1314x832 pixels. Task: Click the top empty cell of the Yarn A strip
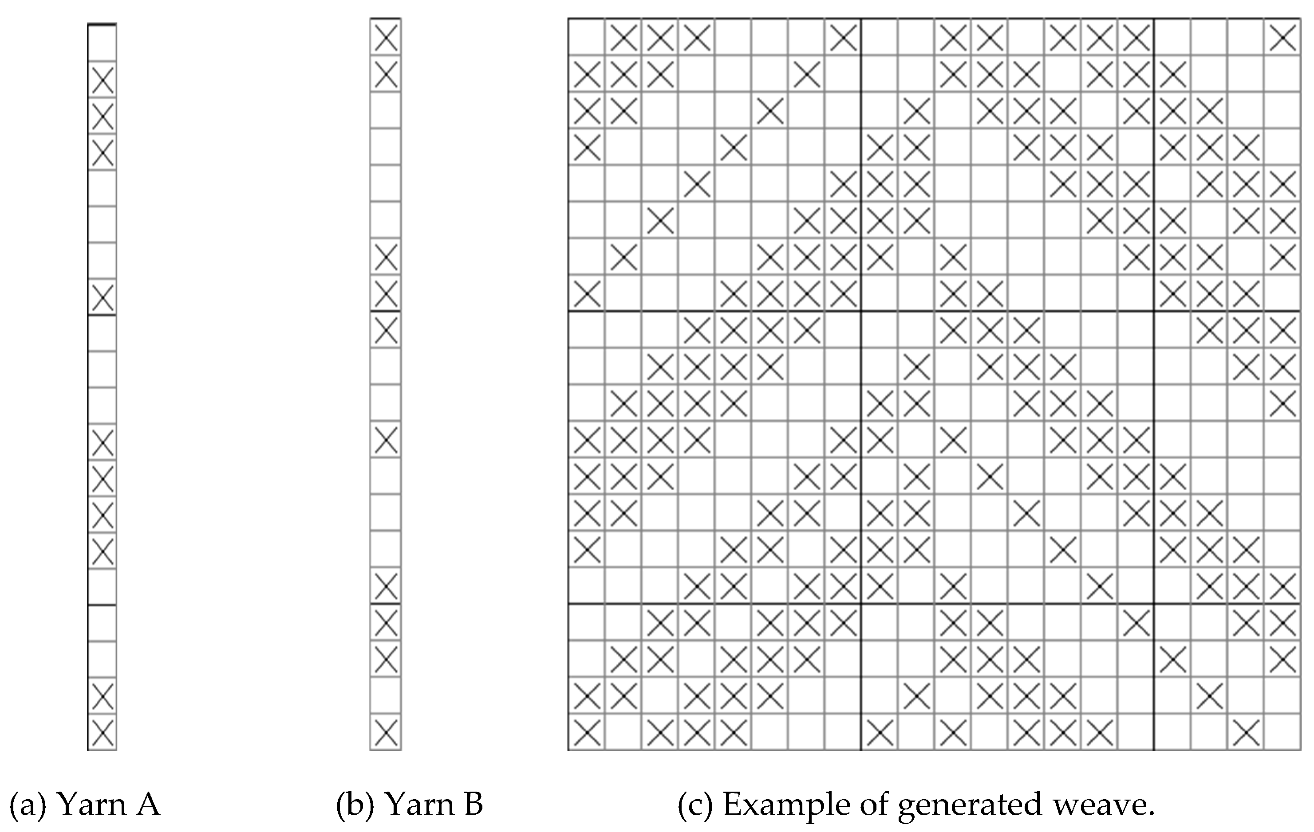[102, 43]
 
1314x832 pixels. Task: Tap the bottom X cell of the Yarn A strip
[102, 732]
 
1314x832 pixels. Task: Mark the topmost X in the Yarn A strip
[102, 80]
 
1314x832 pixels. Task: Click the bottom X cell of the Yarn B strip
[386, 732]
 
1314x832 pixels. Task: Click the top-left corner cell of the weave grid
[587, 36]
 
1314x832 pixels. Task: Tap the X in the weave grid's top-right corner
[1283, 36]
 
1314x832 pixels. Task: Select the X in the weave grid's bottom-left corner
[587, 732]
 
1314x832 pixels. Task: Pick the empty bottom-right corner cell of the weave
[1283, 732]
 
